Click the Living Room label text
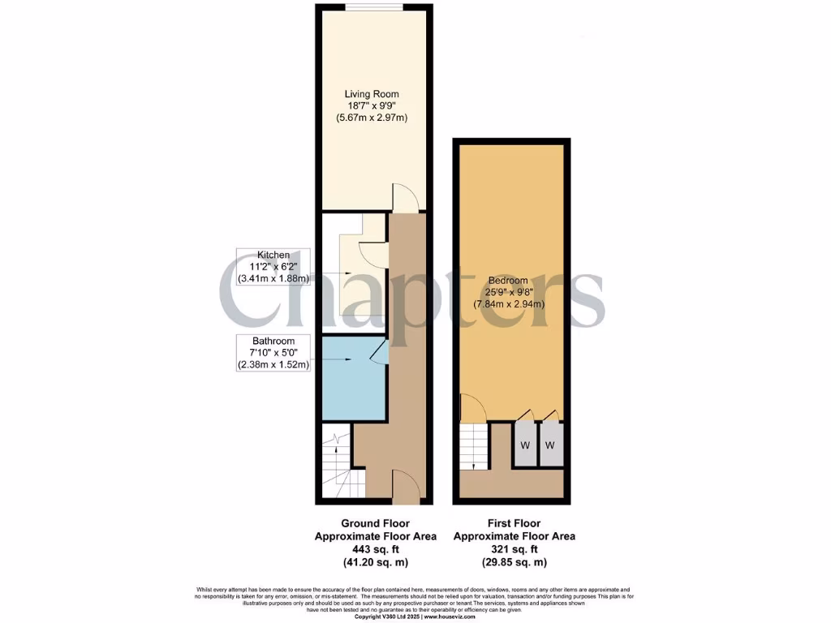pyautogui.click(x=372, y=94)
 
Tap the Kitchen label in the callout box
pyautogui.click(x=273, y=255)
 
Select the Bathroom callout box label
pyautogui.click(x=273, y=341)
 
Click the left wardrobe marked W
pyautogui.click(x=524, y=445)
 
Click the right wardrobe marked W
pyautogui.click(x=550, y=445)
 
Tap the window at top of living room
pyautogui.click(x=373, y=7)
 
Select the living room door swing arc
pyautogui.click(x=403, y=197)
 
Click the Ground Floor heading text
pyautogui.click(x=375, y=523)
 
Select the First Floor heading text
pyautogui.click(x=514, y=523)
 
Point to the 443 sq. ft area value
pyautogui.click(x=375, y=549)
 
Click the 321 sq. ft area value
pyautogui.click(x=514, y=549)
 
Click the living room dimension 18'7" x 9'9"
pyautogui.click(x=372, y=106)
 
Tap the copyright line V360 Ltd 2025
pyautogui.click(x=415, y=617)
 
